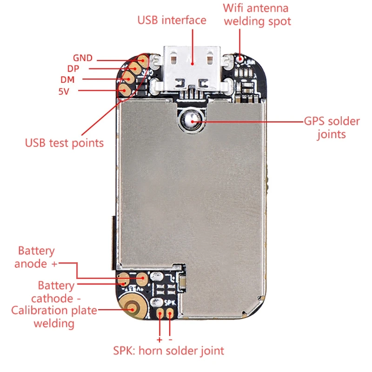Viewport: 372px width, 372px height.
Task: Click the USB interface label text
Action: [172, 20]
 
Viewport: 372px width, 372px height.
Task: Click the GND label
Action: [83, 58]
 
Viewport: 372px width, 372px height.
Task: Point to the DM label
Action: [67, 80]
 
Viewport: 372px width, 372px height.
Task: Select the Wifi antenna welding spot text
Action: [256, 14]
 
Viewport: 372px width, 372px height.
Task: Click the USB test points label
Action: [64, 142]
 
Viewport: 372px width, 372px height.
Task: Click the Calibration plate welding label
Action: [54, 316]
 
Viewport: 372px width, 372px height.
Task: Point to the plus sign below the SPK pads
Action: [159, 334]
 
